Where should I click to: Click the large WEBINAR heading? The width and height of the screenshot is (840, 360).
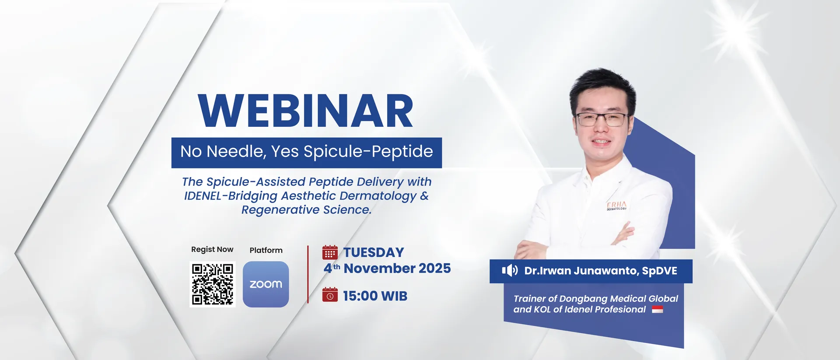click(x=305, y=111)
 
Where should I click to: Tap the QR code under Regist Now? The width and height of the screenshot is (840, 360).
click(x=213, y=284)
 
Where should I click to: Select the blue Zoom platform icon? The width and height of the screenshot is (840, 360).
click(x=266, y=284)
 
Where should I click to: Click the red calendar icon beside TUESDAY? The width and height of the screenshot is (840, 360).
click(x=330, y=252)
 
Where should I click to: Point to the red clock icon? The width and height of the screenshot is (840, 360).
click(x=330, y=295)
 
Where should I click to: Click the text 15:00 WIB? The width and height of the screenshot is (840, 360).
click(x=375, y=296)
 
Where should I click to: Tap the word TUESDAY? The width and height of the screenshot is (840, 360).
click(x=374, y=252)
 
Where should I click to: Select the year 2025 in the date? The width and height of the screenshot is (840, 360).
click(x=434, y=268)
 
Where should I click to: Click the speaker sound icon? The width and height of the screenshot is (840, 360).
click(x=510, y=270)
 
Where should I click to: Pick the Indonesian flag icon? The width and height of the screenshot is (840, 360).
click(x=658, y=309)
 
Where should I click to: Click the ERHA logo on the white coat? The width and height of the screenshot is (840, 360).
click(x=616, y=206)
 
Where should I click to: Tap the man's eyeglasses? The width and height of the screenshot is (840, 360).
click(x=602, y=119)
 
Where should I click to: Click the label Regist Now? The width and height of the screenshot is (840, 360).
click(x=212, y=249)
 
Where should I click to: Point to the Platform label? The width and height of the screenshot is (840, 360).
click(x=266, y=250)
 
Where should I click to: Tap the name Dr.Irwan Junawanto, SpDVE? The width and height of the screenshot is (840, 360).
click(x=601, y=271)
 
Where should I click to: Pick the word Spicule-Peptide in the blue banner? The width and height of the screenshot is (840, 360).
click(x=368, y=152)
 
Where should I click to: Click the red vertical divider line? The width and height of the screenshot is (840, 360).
click(x=308, y=274)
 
